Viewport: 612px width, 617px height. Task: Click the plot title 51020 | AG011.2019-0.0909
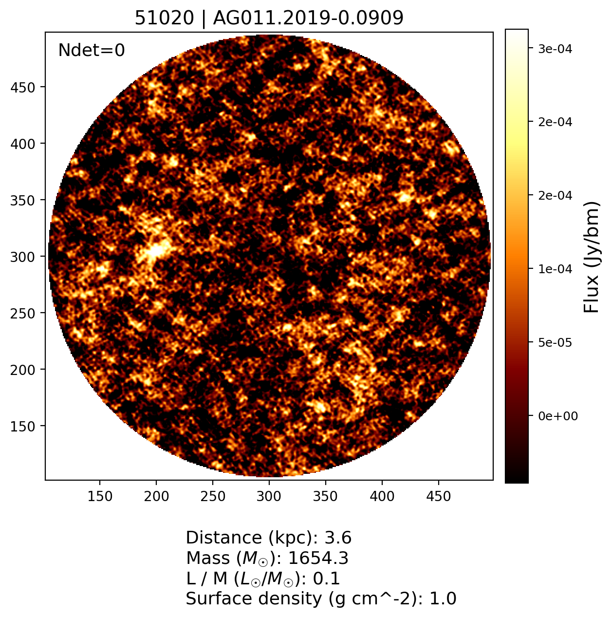[x=269, y=19]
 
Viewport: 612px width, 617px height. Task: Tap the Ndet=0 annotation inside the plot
[x=92, y=50]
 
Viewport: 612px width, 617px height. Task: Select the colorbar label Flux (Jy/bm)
[x=592, y=257]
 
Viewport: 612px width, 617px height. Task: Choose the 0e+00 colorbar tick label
[x=558, y=416]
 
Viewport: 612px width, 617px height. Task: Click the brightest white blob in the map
[x=156, y=251]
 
